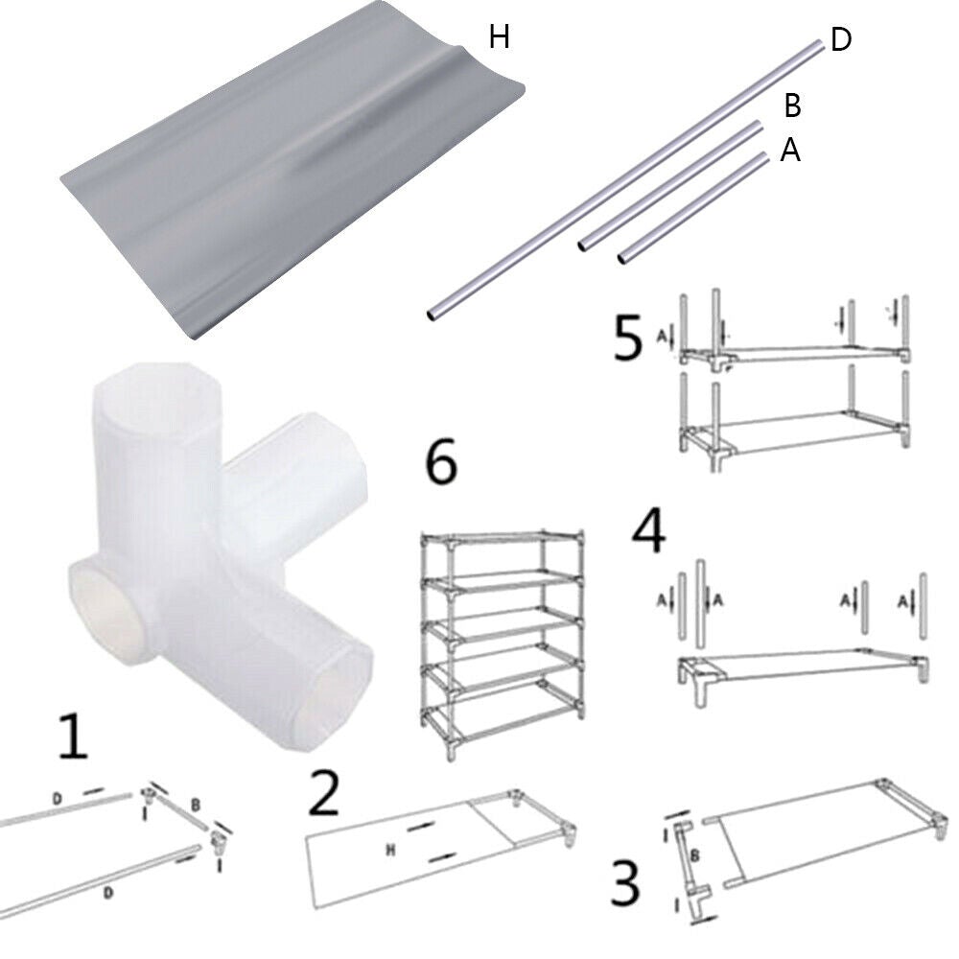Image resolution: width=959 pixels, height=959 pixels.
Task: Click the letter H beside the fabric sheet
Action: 499,37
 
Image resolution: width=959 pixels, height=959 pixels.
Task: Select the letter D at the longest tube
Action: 841,41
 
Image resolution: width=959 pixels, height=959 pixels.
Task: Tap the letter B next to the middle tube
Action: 792,104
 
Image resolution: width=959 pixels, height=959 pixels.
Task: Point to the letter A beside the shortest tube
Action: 790,150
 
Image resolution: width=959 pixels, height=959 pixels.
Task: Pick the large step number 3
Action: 624,883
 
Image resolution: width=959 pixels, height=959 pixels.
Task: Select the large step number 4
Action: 649,534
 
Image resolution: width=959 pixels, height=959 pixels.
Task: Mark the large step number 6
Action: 441,465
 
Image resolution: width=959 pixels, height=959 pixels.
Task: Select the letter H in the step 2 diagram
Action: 392,849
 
